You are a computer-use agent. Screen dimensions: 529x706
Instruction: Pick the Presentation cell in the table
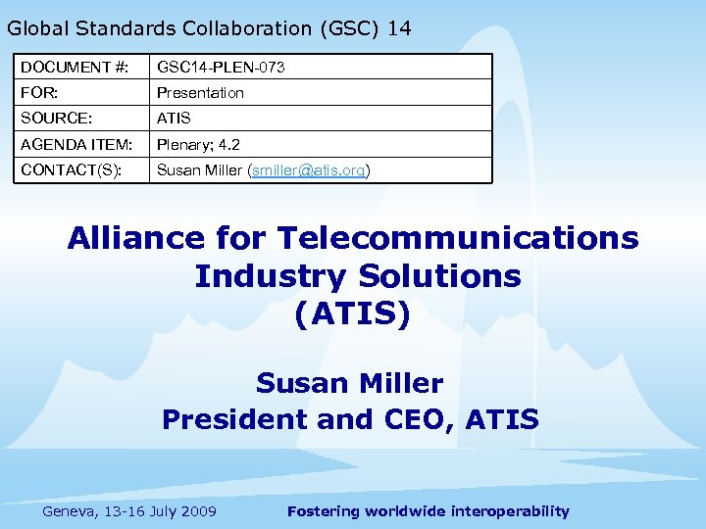(x=200, y=93)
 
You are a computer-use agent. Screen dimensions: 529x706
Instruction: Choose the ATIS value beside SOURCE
(x=174, y=119)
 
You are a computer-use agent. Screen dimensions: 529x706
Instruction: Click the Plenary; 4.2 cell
(x=199, y=144)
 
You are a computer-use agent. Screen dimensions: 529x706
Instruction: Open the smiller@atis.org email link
(x=308, y=169)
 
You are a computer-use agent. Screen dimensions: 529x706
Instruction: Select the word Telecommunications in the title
(x=458, y=238)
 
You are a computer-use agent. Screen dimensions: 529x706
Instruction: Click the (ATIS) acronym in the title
(x=352, y=314)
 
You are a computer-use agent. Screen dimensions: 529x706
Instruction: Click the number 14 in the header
(x=399, y=28)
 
